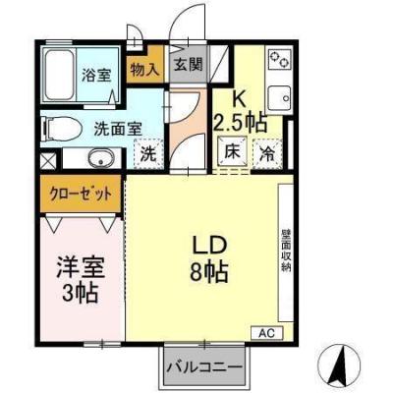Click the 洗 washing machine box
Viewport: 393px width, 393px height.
[x=146, y=154]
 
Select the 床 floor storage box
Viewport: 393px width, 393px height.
[x=233, y=152]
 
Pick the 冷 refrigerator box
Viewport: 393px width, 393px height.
[x=266, y=152]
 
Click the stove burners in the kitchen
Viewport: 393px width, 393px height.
[x=279, y=60]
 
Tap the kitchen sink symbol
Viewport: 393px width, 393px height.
[x=278, y=98]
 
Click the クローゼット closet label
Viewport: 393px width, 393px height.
[x=82, y=194]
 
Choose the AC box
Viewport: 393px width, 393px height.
[x=266, y=332]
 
